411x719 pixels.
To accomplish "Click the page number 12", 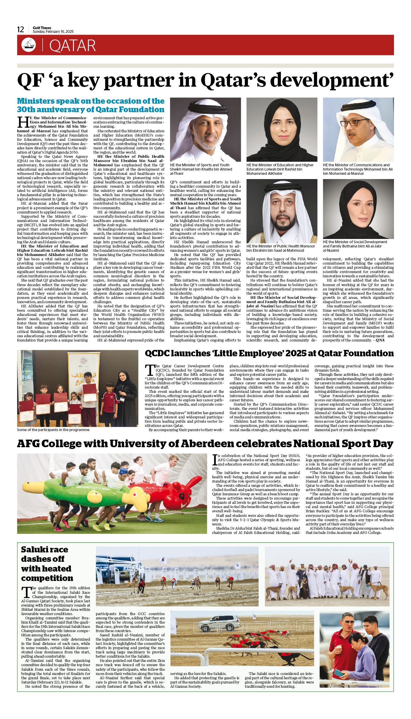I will click(20, 29).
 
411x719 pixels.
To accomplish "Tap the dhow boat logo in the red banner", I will click(29, 45).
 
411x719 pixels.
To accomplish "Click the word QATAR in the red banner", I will click(72, 46).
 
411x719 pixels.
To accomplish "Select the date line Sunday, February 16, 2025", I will click(53, 32).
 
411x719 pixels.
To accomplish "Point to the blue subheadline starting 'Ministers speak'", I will click(91, 105).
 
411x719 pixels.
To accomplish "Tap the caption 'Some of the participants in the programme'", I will click(54, 430).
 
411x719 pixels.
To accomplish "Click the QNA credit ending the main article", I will click(380, 340).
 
